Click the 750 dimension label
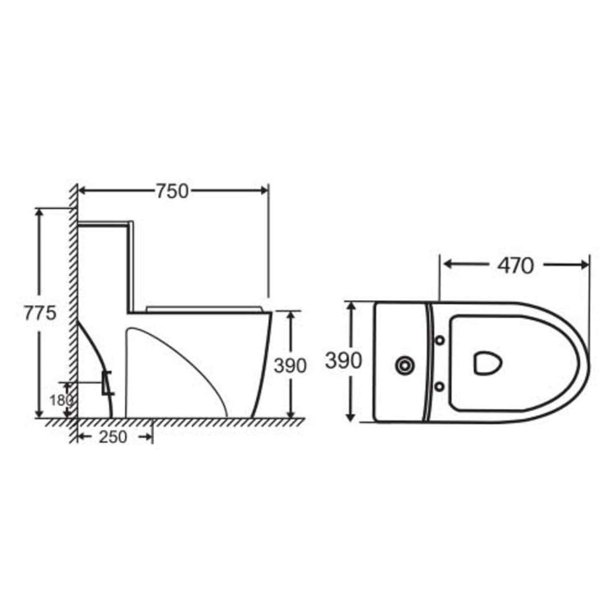(173, 191)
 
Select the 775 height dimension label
(40, 313)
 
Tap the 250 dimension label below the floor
(113, 437)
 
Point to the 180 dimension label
(61, 400)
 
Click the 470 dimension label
(516, 265)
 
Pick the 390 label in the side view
(290, 366)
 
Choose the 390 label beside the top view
(343, 360)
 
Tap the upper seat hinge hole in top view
(440, 340)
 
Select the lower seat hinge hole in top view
(440, 387)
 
